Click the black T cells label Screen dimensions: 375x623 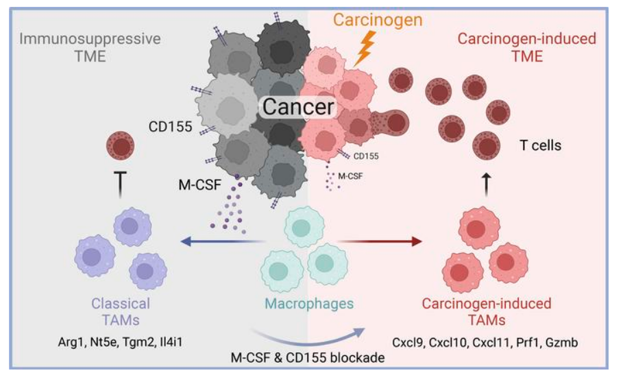point(541,145)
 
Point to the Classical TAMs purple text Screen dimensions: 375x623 point(121,310)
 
